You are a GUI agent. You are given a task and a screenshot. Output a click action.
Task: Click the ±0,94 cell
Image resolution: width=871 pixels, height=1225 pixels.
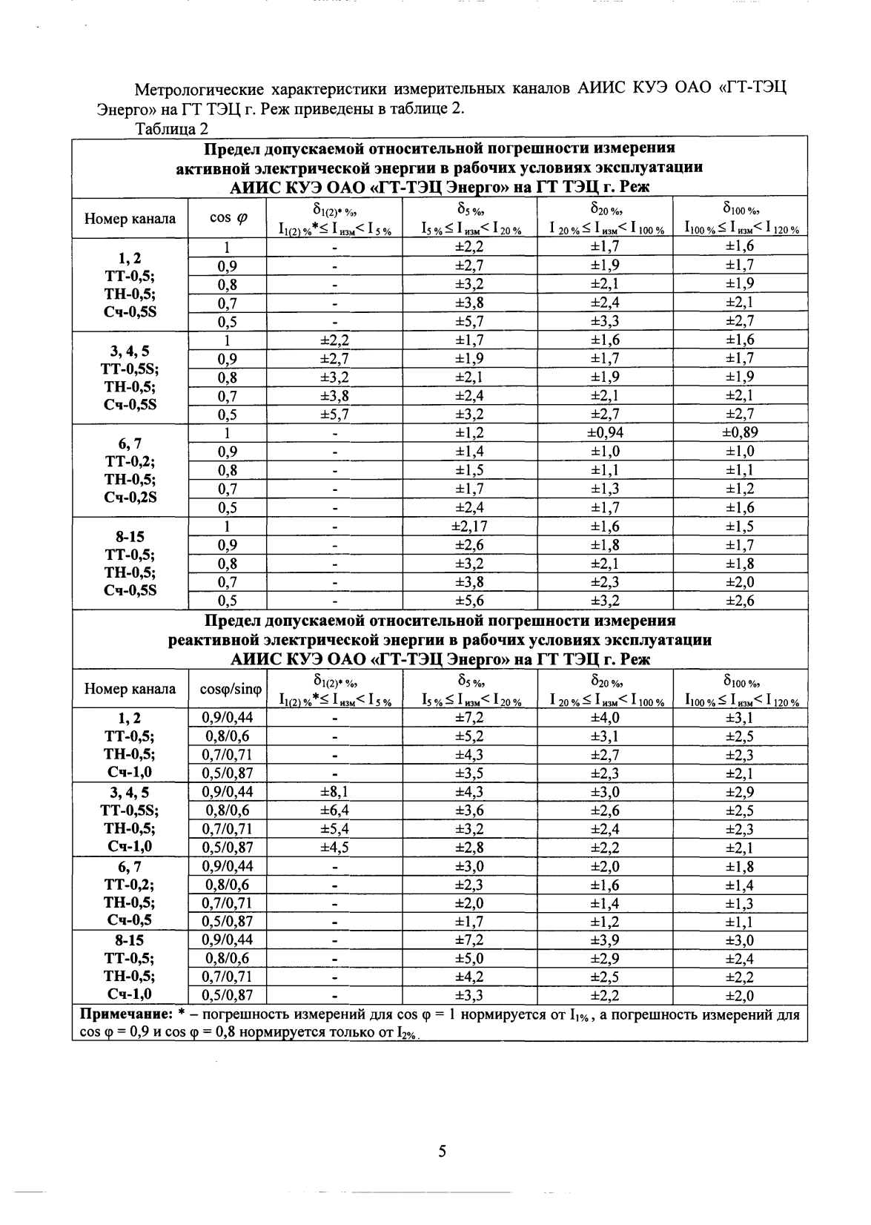[605, 433]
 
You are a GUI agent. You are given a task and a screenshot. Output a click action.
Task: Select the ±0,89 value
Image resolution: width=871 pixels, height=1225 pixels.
[740, 433]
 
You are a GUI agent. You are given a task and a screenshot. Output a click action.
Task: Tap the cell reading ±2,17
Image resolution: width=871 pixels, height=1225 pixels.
[469, 526]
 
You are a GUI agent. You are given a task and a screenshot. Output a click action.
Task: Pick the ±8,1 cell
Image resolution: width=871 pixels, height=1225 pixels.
[334, 792]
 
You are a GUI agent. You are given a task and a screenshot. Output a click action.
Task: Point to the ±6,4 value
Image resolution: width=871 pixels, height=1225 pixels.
[334, 810]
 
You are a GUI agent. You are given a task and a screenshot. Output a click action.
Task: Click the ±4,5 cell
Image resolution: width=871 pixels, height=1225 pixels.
[334, 848]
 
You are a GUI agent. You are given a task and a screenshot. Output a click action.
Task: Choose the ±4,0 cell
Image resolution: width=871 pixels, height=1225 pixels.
[605, 718]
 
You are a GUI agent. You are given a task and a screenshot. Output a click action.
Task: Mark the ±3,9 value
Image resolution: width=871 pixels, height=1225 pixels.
[605, 940]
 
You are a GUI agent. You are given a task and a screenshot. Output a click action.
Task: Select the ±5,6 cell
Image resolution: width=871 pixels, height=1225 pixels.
[469, 601]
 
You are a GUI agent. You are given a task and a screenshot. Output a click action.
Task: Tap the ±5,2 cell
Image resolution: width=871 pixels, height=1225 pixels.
[469, 736]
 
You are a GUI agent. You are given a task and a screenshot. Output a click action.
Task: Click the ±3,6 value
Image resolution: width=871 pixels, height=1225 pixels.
[469, 810]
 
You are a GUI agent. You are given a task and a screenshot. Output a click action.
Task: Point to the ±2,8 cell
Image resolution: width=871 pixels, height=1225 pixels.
[469, 848]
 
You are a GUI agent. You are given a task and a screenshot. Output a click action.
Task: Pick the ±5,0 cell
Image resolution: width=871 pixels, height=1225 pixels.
[469, 959]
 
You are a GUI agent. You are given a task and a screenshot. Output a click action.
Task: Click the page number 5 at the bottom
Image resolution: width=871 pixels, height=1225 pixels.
[443, 1152]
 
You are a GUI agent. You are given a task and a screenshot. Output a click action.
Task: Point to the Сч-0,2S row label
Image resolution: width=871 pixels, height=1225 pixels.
[130, 498]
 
